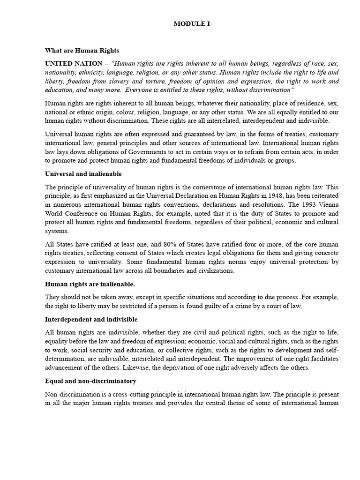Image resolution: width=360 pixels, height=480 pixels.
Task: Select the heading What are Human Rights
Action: pyautogui.click(x=82, y=50)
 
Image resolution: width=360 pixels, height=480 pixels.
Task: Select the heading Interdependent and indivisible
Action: pyautogui.click(x=91, y=319)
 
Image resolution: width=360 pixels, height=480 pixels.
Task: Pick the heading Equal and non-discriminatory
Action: pyautogui.click(x=90, y=381)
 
